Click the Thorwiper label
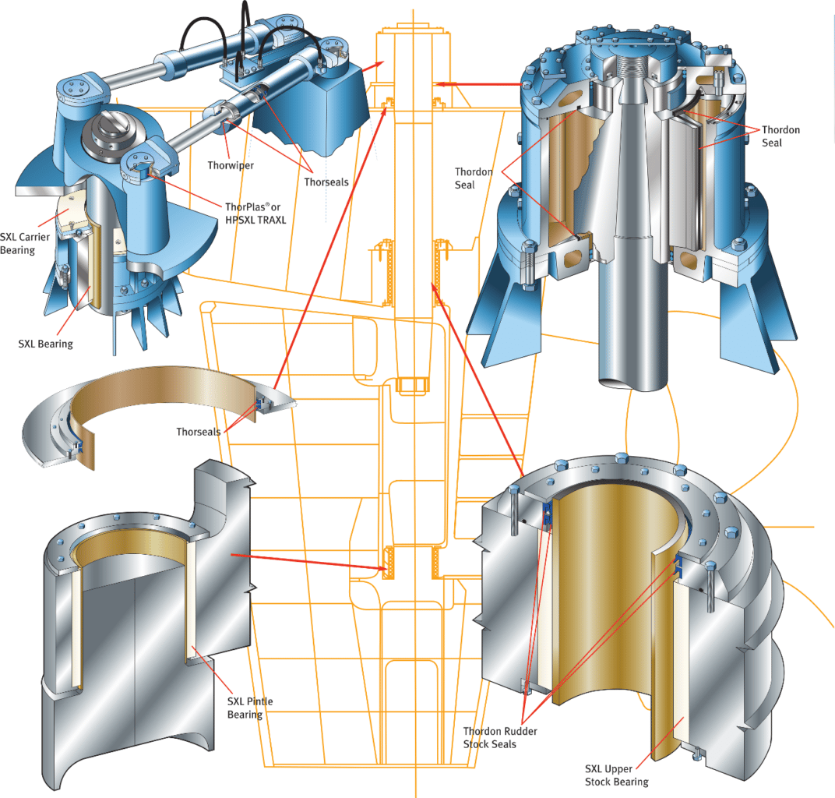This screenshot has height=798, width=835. pos(230,165)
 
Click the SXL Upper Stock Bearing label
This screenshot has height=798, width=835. pos(616,775)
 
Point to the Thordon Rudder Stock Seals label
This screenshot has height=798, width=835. pos(500,737)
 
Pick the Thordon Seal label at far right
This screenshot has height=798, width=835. pos(780,136)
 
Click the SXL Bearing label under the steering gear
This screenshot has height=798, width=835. pos(45,344)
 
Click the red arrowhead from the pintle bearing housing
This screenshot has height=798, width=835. pos(382,569)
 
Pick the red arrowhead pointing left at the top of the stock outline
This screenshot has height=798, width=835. pos(439,83)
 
